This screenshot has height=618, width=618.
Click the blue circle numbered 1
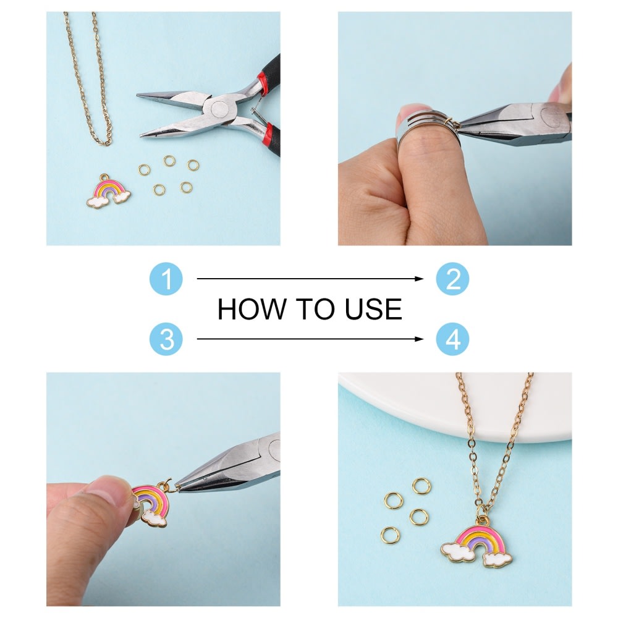coord(166,279)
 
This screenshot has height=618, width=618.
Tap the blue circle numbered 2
coord(452,279)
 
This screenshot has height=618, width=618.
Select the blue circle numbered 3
coord(166,339)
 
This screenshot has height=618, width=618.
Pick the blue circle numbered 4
coord(452,339)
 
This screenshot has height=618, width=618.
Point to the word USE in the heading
coord(373,309)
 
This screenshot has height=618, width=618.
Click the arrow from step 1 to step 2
coord(310,279)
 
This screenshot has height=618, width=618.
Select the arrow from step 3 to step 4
coord(310,339)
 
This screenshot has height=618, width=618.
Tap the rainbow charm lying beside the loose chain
coord(108,192)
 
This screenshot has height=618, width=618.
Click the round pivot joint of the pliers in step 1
coord(218,109)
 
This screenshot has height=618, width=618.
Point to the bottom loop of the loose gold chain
coord(105,142)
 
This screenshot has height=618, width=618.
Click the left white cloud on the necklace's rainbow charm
coord(457,551)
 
